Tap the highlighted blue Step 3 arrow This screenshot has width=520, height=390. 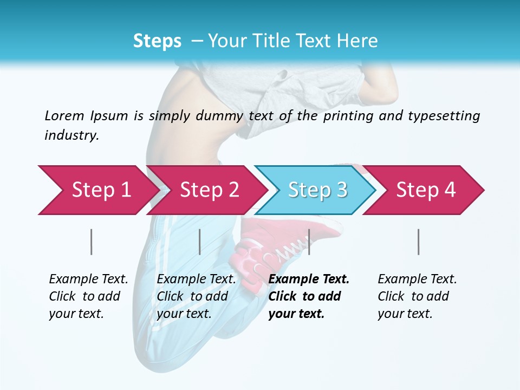point(317,190)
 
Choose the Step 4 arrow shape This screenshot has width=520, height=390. point(426,190)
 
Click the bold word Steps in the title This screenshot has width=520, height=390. point(157,41)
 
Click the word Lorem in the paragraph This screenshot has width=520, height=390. point(64,115)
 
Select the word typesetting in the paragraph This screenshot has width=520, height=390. point(444,116)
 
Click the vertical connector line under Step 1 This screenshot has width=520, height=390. point(92,242)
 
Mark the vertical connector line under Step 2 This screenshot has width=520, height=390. point(200,242)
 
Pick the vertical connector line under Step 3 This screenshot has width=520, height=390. point(309,242)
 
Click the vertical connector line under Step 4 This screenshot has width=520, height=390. point(418,242)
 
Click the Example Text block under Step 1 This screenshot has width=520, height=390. point(88,296)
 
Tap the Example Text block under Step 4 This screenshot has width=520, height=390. point(417,296)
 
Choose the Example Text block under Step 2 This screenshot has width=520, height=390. point(196,296)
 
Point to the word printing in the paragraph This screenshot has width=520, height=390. point(348,116)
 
